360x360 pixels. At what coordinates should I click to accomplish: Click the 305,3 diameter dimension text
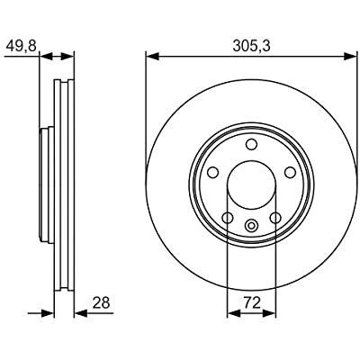pyautogui.click(x=252, y=46)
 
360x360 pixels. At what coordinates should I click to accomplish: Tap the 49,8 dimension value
pyautogui.click(x=21, y=46)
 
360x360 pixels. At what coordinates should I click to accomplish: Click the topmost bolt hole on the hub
pyautogui.click(x=251, y=144)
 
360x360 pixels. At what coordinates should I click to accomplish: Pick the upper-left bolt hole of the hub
pyautogui.click(x=213, y=172)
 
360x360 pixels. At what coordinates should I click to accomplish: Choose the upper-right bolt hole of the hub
pyautogui.click(x=290, y=172)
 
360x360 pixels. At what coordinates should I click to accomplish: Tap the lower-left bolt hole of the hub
pyautogui.click(x=228, y=218)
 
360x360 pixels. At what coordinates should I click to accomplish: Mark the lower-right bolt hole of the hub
pyautogui.click(x=275, y=218)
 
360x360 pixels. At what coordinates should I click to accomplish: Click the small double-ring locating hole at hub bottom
pyautogui.click(x=251, y=225)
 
